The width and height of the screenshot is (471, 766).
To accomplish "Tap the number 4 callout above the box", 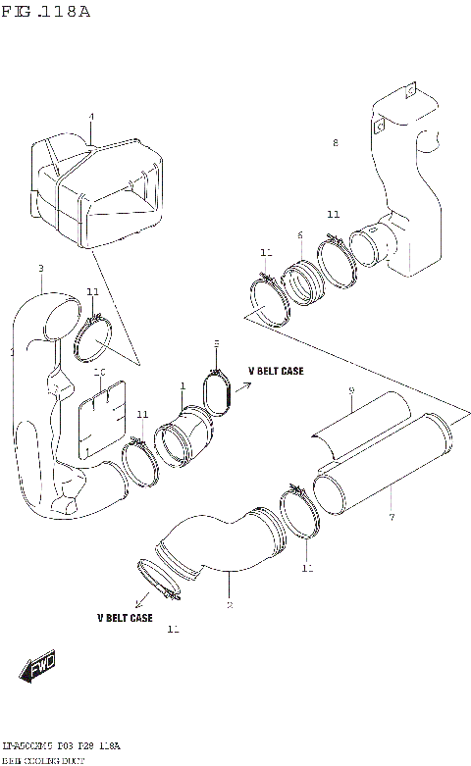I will coord(91,117).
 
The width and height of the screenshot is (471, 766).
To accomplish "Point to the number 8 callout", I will coord(335,143).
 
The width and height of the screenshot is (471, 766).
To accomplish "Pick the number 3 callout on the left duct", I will coord(40,268).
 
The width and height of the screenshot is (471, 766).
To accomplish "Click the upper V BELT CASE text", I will coord(276,372).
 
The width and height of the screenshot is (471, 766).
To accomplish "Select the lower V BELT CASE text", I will coord(124,618).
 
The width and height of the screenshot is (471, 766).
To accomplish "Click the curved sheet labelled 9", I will coord(358,427).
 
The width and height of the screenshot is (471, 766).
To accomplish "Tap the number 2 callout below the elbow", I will coord(229,605).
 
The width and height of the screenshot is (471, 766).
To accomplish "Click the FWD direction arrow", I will coord(38,669).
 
